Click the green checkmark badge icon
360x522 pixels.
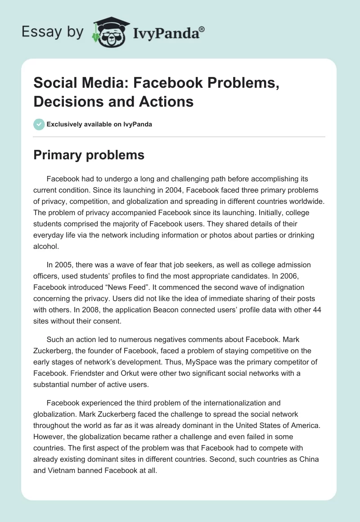(40, 124)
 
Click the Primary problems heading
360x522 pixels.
(89, 155)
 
